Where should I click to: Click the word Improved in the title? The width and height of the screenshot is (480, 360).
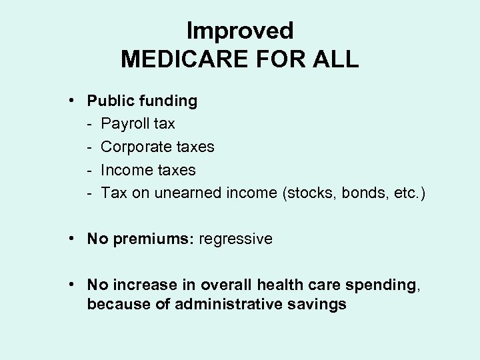[x=240, y=31]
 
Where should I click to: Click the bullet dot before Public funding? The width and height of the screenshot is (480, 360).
[x=70, y=101]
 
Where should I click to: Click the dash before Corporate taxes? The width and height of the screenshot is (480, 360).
[x=89, y=147]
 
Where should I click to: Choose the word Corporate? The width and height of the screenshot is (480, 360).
[x=137, y=147]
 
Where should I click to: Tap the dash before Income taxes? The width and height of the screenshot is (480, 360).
[x=89, y=171]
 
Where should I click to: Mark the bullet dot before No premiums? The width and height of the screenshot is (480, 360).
[x=70, y=239]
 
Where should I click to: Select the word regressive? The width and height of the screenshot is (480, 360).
[x=235, y=239]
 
